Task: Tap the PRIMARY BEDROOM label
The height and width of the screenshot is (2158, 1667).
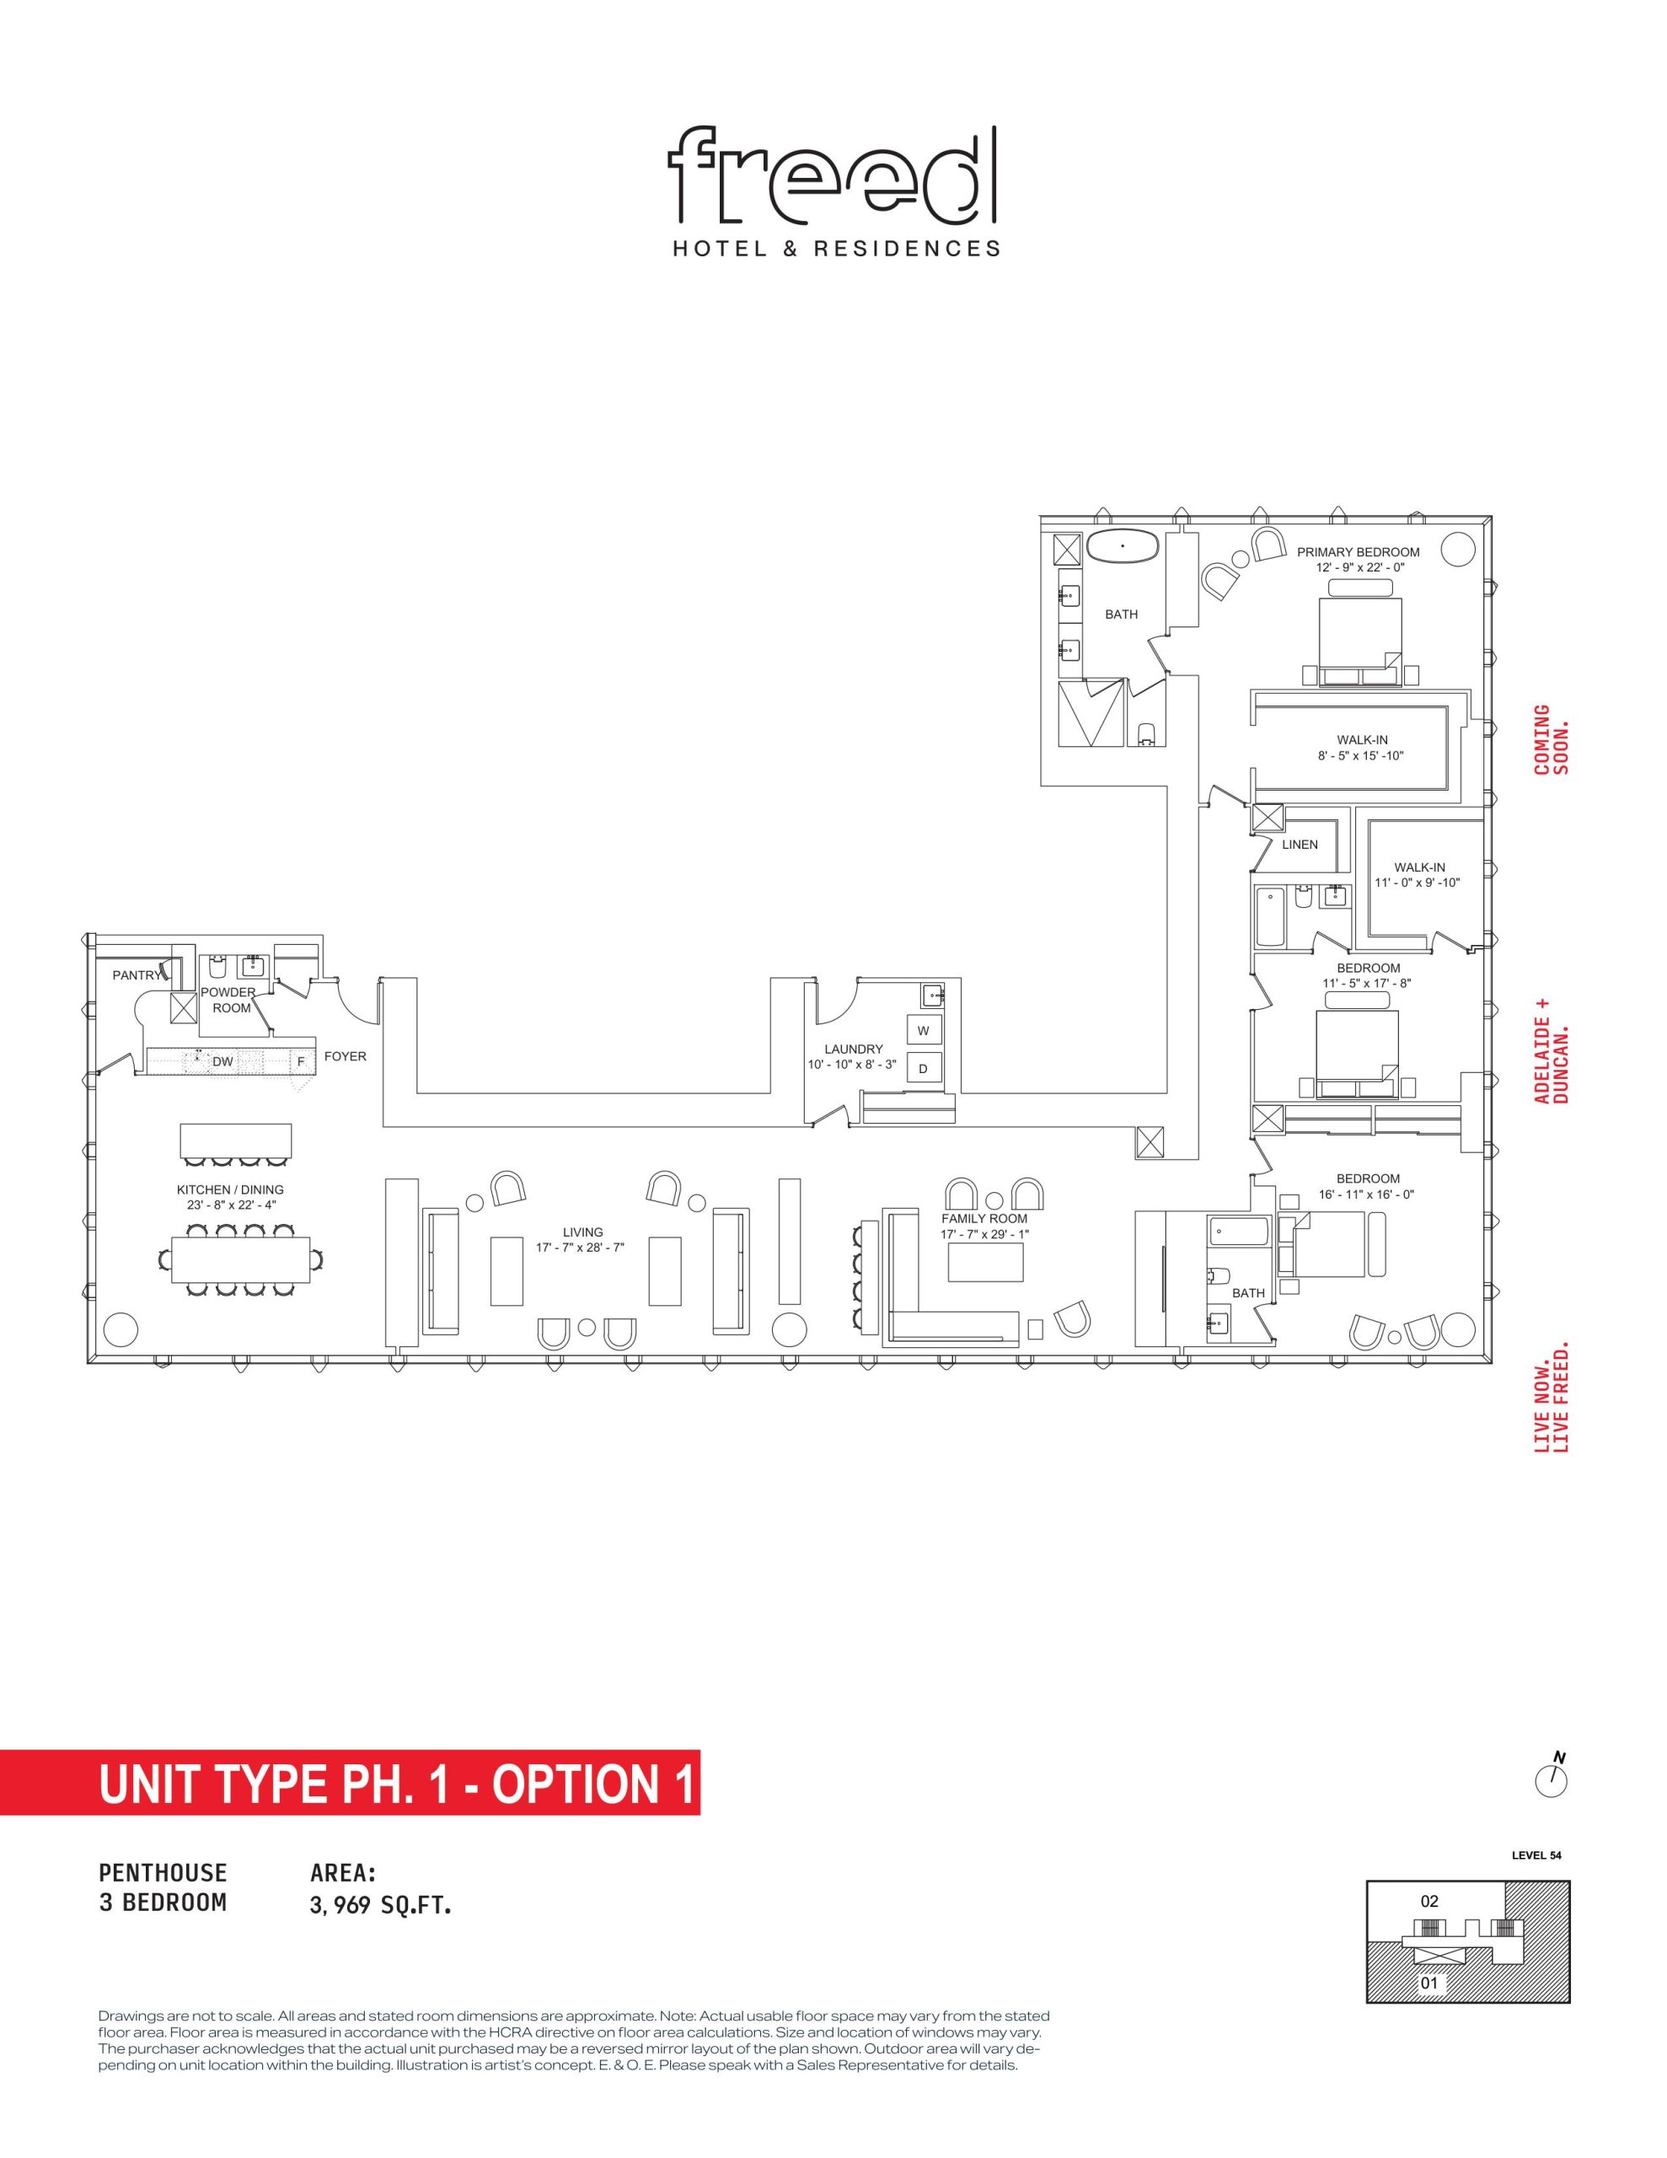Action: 1358,552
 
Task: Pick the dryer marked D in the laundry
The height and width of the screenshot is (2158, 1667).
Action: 923,1068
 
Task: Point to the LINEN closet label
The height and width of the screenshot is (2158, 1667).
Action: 1300,845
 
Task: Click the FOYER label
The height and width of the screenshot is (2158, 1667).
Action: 345,1056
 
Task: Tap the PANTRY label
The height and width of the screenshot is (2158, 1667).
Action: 137,975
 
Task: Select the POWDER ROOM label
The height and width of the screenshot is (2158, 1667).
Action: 230,1000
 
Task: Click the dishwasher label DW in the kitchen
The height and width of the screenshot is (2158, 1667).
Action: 222,1061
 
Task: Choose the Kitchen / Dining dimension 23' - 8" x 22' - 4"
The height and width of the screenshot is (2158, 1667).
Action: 230,1205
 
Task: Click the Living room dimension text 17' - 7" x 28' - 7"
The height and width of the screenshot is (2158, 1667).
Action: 582,1248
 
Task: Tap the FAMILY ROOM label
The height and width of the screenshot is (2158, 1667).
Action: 984,1218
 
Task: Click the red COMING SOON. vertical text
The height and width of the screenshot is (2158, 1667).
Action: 1552,739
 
